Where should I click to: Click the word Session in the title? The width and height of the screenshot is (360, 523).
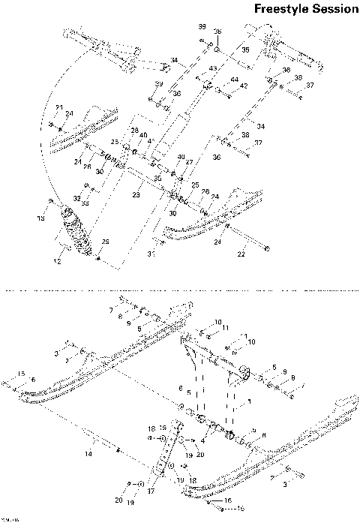[x=332, y=10]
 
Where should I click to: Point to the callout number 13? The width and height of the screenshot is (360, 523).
[x=42, y=218]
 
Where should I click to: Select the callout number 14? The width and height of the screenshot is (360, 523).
[x=88, y=454]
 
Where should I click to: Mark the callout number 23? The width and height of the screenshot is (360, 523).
[x=136, y=195]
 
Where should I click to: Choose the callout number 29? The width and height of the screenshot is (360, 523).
[x=106, y=241]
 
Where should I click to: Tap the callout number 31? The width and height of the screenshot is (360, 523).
[x=151, y=254]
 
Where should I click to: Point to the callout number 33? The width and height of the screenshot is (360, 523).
[x=86, y=203]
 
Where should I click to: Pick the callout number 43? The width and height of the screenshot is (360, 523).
[x=212, y=69]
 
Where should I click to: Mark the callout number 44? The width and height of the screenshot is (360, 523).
[x=235, y=80]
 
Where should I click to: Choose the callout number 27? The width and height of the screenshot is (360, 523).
[x=189, y=162]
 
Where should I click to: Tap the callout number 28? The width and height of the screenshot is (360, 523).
[x=136, y=131]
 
